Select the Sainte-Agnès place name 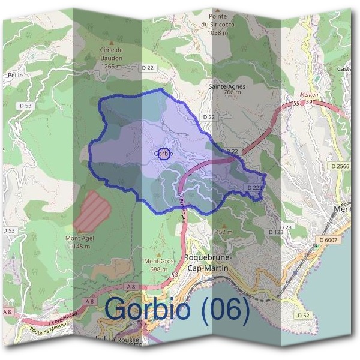coord(227,86)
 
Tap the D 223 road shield coord(255,188)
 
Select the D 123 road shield coord(275,232)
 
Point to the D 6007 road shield coord(328,240)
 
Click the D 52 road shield coord(303,315)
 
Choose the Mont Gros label coord(158,262)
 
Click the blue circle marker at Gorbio coord(164,153)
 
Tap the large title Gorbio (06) coord(177,308)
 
